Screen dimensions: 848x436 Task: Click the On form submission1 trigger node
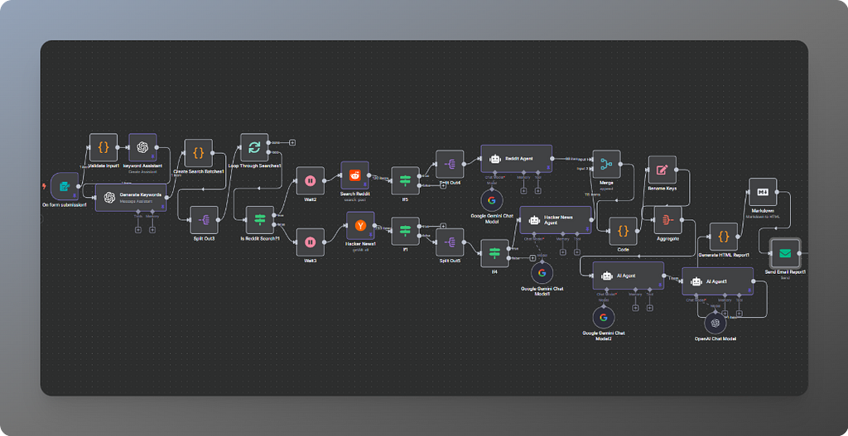tap(64, 187)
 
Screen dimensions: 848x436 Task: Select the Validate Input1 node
tap(104, 147)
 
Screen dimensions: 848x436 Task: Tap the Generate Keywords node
tap(131, 197)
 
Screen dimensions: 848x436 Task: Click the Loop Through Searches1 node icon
tap(254, 148)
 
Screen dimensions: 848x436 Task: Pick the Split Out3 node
tap(204, 220)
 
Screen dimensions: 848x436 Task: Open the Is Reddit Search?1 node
tap(259, 220)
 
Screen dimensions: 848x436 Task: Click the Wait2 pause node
tap(310, 180)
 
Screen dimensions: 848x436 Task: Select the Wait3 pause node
tap(310, 242)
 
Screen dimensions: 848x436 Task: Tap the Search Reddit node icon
tap(355, 175)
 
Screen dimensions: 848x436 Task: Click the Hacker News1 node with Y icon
tap(360, 225)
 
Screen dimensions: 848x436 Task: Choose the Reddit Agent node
tap(516, 158)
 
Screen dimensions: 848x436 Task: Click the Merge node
tap(606, 164)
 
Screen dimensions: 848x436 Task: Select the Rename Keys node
tap(662, 170)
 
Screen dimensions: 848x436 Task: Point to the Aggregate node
tap(667, 220)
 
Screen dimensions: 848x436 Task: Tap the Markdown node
tap(762, 192)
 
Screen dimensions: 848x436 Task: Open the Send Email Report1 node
tap(783, 253)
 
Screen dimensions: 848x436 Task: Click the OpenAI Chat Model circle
tap(715, 323)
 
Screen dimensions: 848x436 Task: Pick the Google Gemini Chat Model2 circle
tap(603, 317)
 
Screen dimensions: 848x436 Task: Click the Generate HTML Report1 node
tap(723, 237)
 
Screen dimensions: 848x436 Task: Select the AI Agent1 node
tap(717, 281)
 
